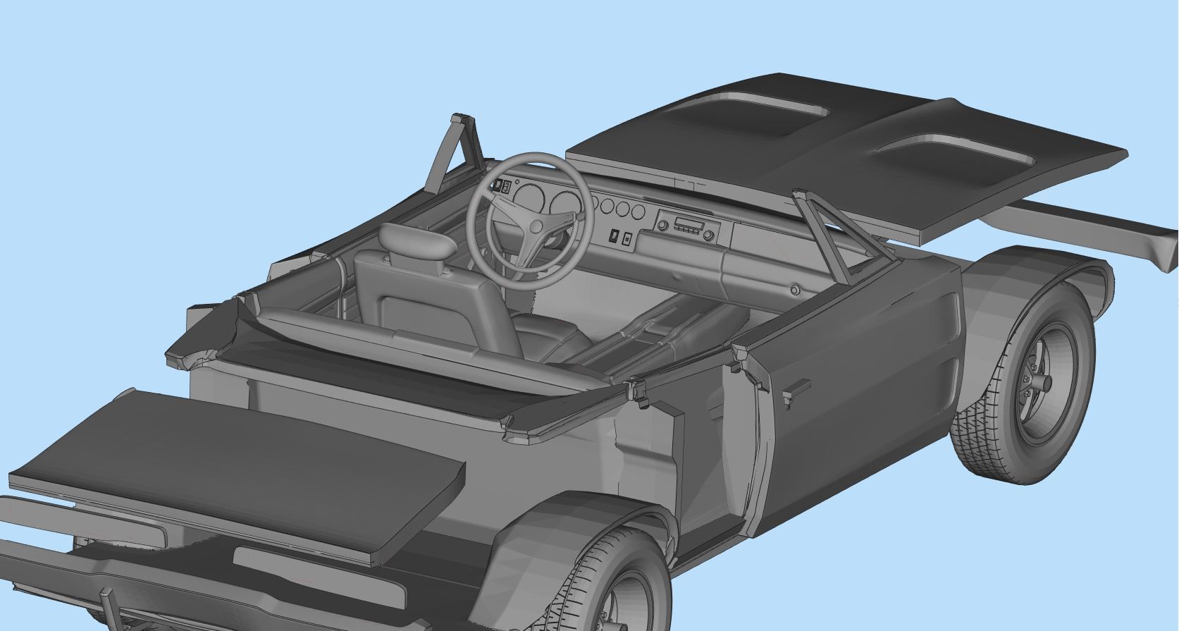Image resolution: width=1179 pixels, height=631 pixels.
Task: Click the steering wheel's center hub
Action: click(536, 226)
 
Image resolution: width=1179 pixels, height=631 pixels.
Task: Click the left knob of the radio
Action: click(663, 226)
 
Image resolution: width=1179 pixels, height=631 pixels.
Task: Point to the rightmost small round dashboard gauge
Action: click(638, 212)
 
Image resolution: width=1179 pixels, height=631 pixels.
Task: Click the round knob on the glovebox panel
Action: click(795, 290)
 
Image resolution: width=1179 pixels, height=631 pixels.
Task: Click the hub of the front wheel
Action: click(1042, 384)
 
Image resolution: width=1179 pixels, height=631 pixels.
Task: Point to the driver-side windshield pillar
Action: click(451, 152)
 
